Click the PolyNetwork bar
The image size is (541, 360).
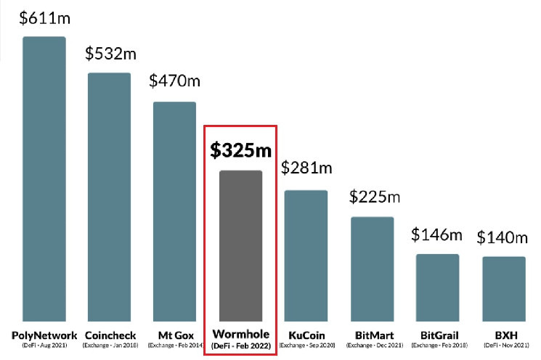(44, 178)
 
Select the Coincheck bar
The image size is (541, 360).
(109, 196)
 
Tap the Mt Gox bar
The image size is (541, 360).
(174, 210)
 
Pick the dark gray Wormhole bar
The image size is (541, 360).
(240, 245)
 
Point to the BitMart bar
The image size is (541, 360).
(373, 268)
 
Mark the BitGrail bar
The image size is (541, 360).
(437, 287)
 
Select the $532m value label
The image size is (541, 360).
(110, 54)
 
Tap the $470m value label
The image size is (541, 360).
(174, 81)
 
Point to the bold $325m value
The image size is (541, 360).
(240, 150)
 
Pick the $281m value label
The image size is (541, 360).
(306, 168)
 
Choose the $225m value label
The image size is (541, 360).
(375, 196)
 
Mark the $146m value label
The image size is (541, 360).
(437, 234)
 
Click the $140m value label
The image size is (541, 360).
(502, 237)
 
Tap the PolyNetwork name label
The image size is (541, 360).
(44, 335)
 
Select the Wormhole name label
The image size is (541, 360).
(240, 335)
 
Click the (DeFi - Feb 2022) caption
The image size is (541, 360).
(240, 347)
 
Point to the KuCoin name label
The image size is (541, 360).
(306, 335)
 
